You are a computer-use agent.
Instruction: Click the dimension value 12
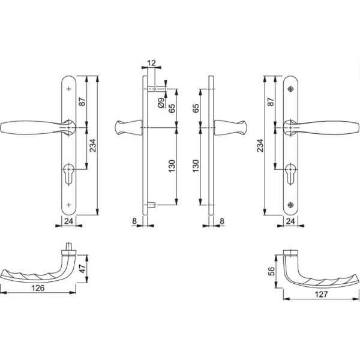[x=150, y=63]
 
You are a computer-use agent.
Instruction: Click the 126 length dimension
[x=39, y=287]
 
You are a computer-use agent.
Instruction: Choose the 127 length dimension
[x=320, y=294]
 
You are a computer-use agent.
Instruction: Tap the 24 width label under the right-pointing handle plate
[x=290, y=221]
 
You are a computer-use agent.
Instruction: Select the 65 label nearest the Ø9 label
[x=172, y=109]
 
